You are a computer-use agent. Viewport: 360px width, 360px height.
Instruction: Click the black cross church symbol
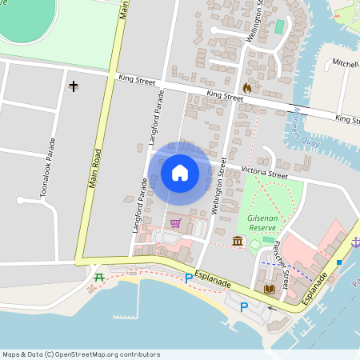click(74, 85)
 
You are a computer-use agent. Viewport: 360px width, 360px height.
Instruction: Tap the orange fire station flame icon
click(246, 87)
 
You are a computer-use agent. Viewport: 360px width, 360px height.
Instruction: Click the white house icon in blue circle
click(180, 172)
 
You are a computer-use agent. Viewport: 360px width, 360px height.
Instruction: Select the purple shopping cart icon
click(175, 222)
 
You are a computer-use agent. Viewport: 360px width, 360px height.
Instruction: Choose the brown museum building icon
click(238, 242)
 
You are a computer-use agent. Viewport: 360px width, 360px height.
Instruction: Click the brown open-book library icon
click(268, 288)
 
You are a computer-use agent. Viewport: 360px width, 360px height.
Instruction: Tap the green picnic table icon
click(99, 277)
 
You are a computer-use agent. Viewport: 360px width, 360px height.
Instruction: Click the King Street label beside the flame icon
click(225, 95)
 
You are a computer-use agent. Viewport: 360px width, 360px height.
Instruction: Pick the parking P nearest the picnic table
click(189, 278)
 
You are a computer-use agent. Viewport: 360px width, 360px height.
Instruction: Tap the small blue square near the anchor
click(339, 262)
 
